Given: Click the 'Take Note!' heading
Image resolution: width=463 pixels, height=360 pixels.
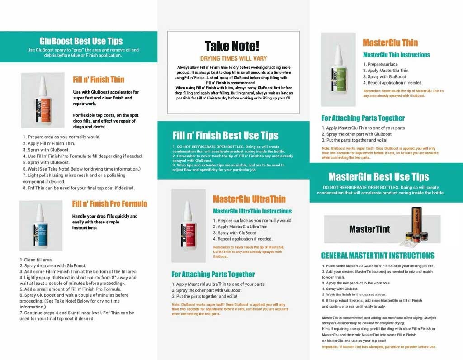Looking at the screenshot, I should point(232,46).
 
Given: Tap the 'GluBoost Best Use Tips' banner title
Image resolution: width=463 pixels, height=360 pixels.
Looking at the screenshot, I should point(81,41).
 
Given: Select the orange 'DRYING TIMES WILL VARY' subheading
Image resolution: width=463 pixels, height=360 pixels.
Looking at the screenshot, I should point(233,58).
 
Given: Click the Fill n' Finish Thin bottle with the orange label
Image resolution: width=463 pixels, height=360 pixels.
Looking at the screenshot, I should point(42,101).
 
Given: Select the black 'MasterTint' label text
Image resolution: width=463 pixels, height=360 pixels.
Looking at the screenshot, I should point(369,229).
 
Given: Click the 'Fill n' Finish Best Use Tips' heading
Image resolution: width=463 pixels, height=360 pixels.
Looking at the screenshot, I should point(225,135).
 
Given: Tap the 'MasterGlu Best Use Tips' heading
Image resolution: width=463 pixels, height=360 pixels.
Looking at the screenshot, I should point(379,176).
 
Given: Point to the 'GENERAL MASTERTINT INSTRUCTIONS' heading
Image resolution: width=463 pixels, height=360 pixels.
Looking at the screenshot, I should point(378,256).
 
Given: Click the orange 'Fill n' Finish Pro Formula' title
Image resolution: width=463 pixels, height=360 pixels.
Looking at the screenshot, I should point(109,204).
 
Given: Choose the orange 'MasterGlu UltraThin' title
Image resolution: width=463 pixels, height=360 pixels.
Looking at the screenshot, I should point(249,199).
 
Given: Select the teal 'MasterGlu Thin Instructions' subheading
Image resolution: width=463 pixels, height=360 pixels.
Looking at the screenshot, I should point(396,55).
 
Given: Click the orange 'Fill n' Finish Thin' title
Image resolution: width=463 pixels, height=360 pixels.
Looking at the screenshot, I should point(98,80).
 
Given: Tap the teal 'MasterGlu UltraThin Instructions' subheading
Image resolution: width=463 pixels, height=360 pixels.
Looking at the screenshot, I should point(252,211).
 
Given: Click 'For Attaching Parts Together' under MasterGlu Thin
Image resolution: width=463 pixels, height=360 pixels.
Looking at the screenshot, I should point(363,118).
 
